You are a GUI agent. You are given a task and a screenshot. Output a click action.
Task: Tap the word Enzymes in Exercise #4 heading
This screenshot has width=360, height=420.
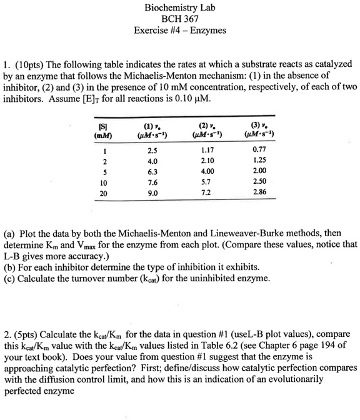pyautogui.click(x=208, y=30)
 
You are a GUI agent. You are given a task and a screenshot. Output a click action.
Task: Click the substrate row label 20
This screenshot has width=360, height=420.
pyautogui.click(x=102, y=193)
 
